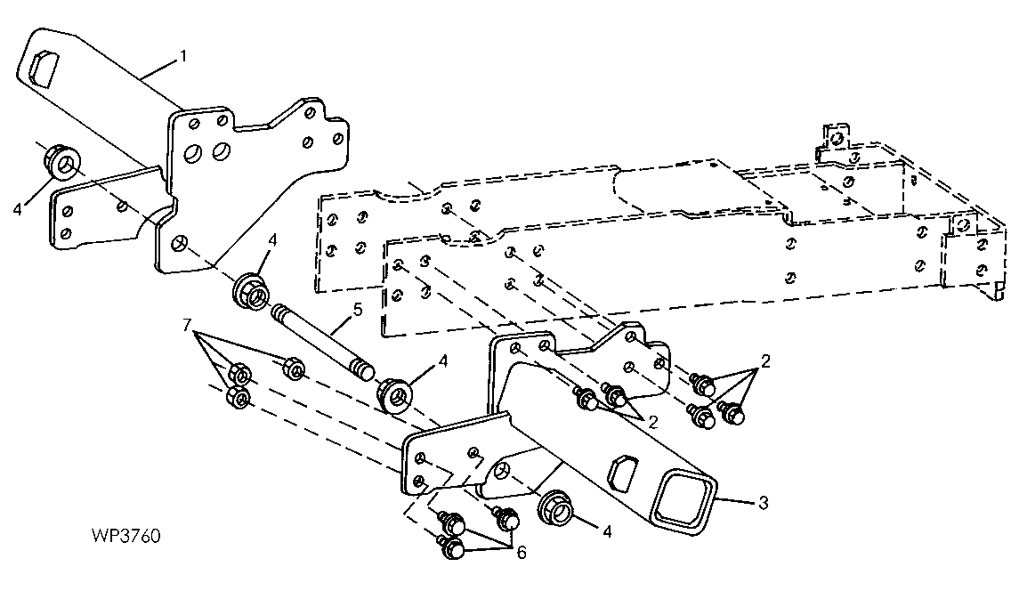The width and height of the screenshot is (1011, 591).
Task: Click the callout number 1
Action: click(183, 56)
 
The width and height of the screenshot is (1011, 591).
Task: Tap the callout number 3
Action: click(764, 502)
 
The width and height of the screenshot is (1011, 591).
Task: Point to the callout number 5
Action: click(358, 310)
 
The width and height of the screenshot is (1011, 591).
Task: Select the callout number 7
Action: click(187, 324)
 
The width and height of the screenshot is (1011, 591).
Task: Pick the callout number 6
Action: click(521, 553)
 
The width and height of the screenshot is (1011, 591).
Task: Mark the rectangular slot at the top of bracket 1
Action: click(44, 67)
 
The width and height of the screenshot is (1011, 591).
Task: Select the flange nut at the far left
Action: click(62, 162)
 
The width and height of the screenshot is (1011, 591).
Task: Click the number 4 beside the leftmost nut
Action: click(18, 209)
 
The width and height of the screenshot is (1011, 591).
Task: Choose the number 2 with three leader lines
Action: click(765, 360)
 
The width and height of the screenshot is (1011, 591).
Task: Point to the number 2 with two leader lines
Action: click(653, 422)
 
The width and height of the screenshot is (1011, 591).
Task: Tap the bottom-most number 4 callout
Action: click(607, 531)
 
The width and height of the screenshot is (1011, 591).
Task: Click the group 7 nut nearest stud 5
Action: click(294, 368)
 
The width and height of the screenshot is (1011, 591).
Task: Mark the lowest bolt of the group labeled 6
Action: click(452, 548)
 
